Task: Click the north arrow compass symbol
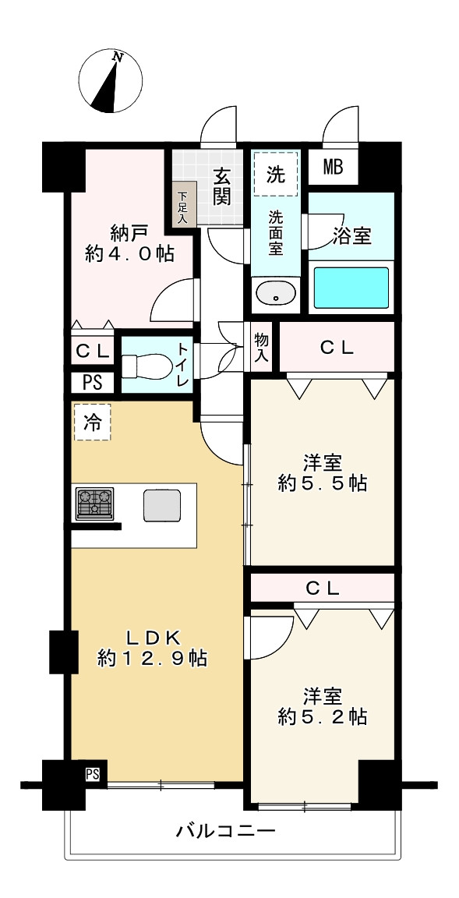pyautogui.click(x=110, y=81)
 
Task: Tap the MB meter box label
pyautogui.click(x=333, y=168)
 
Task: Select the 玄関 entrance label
pyautogui.click(x=223, y=187)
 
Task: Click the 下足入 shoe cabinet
pyautogui.click(x=183, y=206)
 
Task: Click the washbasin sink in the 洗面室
pyautogui.click(x=276, y=295)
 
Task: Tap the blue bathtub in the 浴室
pyautogui.click(x=352, y=287)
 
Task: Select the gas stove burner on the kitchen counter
pyautogui.click(x=94, y=504)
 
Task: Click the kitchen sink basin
pyautogui.click(x=162, y=506)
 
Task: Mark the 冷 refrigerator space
pyautogui.click(x=92, y=422)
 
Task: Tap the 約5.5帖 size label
pyautogui.click(x=323, y=484)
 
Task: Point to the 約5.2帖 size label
pyautogui.click(x=323, y=716)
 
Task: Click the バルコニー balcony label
pyautogui.click(x=227, y=830)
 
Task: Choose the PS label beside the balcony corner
pyautogui.click(x=92, y=774)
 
